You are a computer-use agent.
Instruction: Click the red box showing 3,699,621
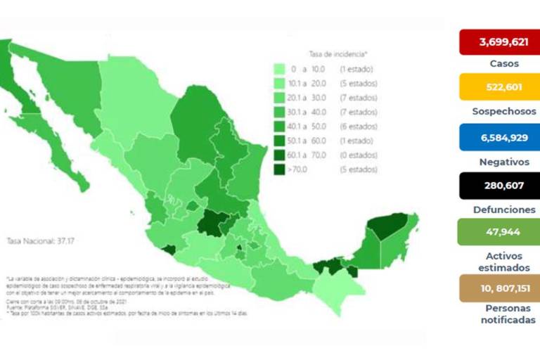[x=499, y=41]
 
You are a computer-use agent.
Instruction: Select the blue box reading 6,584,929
[x=499, y=137]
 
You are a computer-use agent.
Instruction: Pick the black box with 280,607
[x=499, y=186]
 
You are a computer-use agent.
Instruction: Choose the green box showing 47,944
[x=499, y=232]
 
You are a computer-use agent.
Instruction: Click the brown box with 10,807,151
[x=499, y=288]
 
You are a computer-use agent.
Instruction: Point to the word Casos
[x=503, y=63]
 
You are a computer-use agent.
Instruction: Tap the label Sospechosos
[x=503, y=111]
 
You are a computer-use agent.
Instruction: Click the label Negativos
[x=503, y=162]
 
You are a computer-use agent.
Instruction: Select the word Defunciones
[x=503, y=210]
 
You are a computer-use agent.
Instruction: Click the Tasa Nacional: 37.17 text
[x=36, y=240]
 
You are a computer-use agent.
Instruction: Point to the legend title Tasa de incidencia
[x=338, y=53]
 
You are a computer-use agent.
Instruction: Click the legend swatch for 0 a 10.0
[x=280, y=69]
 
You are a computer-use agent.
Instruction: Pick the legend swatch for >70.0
[x=280, y=169]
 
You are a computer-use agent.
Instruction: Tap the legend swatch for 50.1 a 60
[x=280, y=141]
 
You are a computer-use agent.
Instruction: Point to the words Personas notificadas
[x=503, y=314]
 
